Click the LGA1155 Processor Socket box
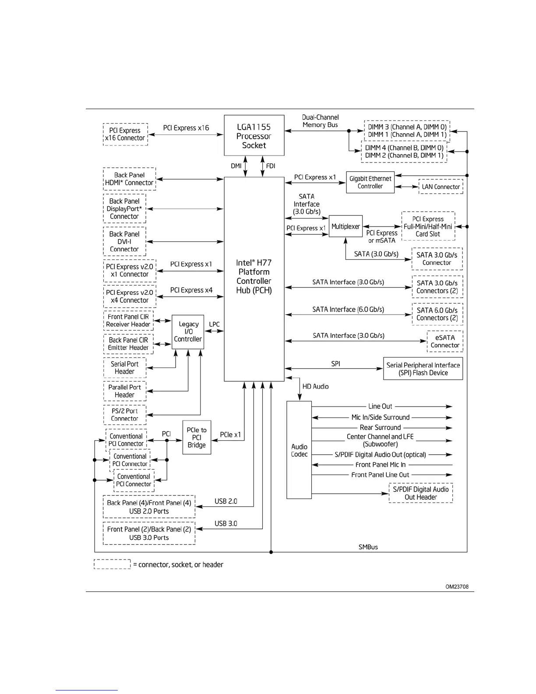click(x=254, y=135)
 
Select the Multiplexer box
click(x=346, y=226)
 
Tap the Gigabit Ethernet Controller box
click(x=370, y=182)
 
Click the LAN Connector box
click(x=441, y=187)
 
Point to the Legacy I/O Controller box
click(x=188, y=332)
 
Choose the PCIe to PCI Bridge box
click(x=197, y=437)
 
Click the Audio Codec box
click(x=299, y=450)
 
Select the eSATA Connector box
click(x=445, y=341)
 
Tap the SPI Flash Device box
click(x=423, y=369)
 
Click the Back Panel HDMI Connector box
click(x=129, y=179)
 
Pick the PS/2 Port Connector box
click(x=125, y=414)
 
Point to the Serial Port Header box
click(x=125, y=368)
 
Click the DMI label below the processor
click(x=236, y=166)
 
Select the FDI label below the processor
click(x=271, y=166)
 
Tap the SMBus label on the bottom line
click(x=368, y=547)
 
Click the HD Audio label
click(x=315, y=386)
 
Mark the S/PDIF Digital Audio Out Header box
click(x=420, y=493)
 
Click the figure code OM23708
click(x=457, y=587)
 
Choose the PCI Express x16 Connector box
click(x=125, y=134)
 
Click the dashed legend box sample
click(x=112, y=564)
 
